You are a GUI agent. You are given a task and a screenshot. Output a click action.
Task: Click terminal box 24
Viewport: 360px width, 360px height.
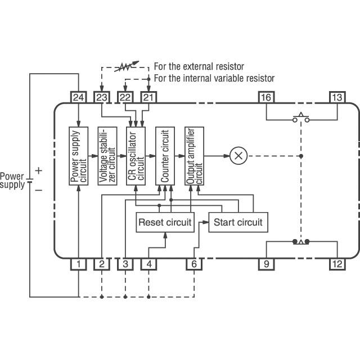[78, 97]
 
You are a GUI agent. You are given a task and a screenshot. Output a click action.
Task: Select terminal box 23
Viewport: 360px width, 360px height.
[101, 97]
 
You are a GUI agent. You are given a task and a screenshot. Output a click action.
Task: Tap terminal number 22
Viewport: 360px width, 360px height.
[125, 97]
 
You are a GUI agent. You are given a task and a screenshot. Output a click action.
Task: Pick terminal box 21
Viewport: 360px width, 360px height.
[148, 97]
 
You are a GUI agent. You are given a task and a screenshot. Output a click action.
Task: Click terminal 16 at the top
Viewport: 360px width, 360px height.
[266, 97]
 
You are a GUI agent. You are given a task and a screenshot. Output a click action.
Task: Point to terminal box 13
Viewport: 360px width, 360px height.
[336, 97]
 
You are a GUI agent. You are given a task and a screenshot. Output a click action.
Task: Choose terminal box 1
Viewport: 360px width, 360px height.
[78, 263]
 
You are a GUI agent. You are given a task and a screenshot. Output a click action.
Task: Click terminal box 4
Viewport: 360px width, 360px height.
[148, 263]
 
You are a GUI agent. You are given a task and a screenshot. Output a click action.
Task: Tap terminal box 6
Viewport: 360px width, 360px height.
[194, 263]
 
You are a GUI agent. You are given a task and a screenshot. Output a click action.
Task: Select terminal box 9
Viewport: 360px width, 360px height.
[266, 263]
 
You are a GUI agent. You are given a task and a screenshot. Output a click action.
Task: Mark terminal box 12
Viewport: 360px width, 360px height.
[336, 263]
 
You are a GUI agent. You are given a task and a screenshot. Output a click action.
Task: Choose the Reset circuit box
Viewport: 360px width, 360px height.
[165, 222]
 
